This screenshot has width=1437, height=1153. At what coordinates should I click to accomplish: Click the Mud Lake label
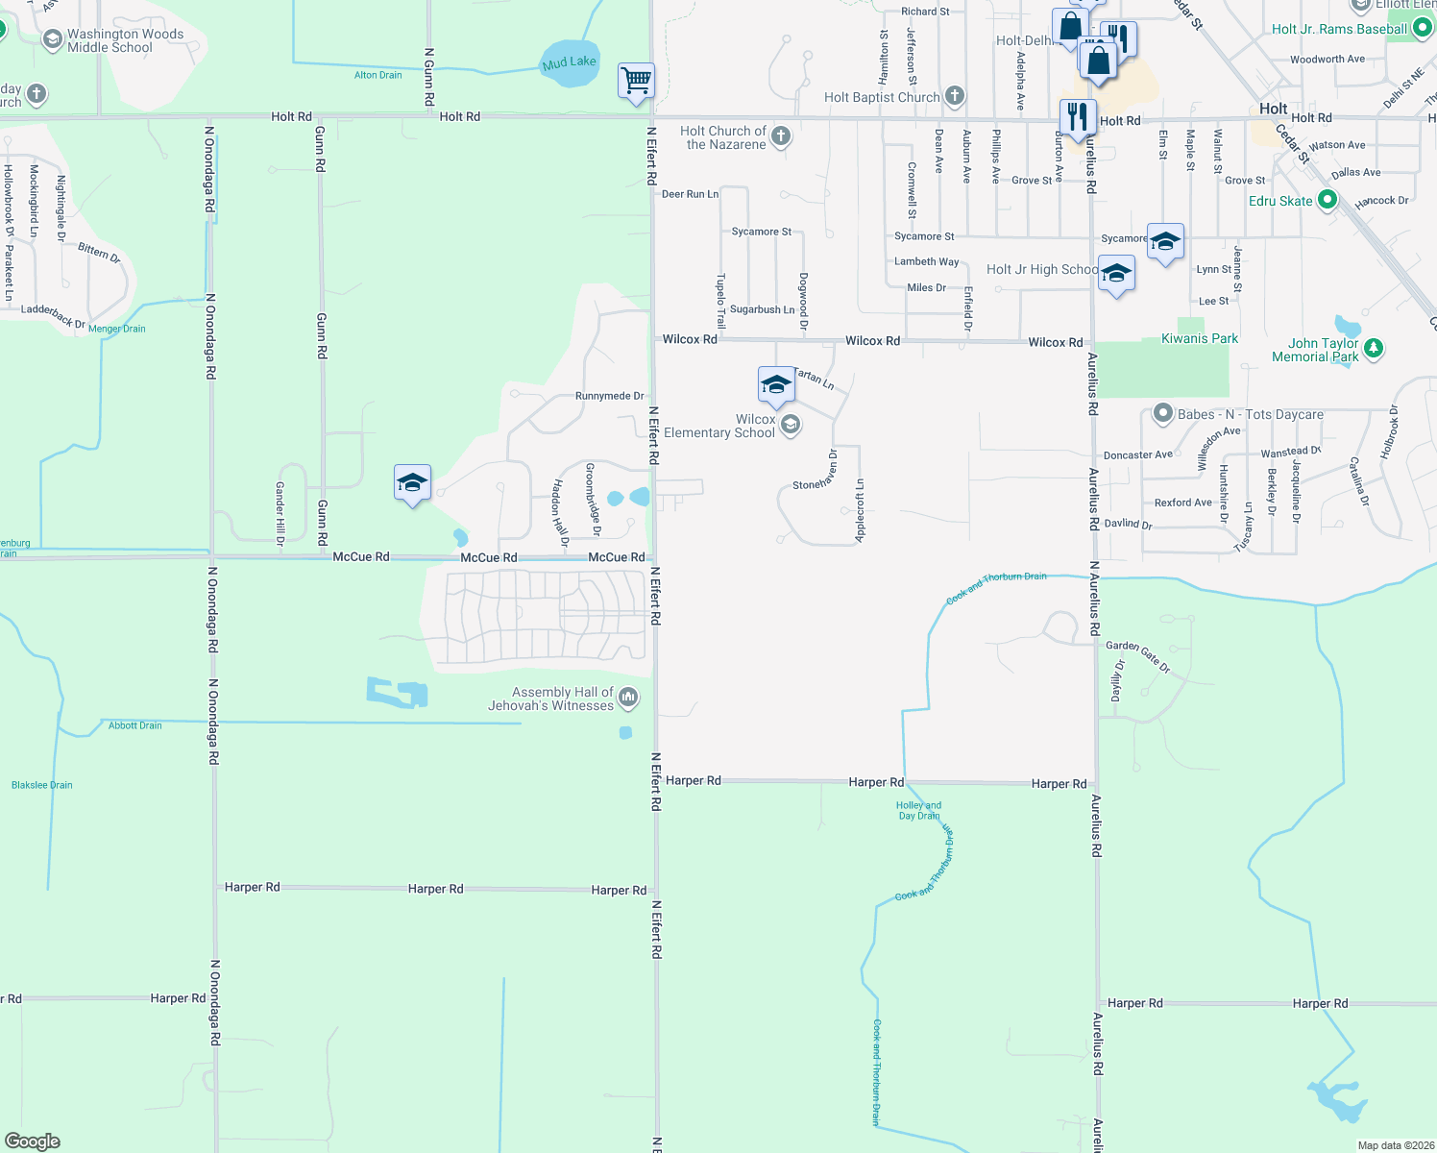569,62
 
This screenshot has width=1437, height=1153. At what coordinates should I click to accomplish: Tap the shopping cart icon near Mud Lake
636,81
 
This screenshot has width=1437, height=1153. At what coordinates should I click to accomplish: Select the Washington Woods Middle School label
125,40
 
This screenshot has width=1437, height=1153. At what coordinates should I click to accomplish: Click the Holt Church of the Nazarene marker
781,136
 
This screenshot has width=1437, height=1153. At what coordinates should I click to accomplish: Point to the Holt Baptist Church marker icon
954,95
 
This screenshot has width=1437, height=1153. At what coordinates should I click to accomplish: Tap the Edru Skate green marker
1327,200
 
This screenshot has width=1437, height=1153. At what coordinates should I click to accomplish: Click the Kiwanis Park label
1199,338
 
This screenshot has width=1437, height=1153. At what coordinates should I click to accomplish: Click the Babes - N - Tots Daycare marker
1163,414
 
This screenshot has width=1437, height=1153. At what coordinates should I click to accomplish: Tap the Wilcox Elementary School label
718,426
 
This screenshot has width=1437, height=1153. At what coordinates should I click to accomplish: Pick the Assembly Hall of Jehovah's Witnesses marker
628,698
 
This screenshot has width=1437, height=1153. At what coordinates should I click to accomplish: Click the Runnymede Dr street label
609,396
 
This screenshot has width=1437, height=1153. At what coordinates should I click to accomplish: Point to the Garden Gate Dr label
1137,655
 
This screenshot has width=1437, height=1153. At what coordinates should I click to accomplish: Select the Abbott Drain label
134,725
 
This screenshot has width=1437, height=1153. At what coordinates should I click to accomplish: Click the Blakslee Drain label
41,785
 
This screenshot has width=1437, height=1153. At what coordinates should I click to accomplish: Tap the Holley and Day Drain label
918,811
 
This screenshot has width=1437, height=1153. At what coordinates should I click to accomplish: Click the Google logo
32,1141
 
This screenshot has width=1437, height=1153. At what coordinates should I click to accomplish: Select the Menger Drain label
116,329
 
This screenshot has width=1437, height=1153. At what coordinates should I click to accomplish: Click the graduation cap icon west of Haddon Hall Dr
412,483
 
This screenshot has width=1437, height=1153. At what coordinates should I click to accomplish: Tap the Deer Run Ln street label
690,194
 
